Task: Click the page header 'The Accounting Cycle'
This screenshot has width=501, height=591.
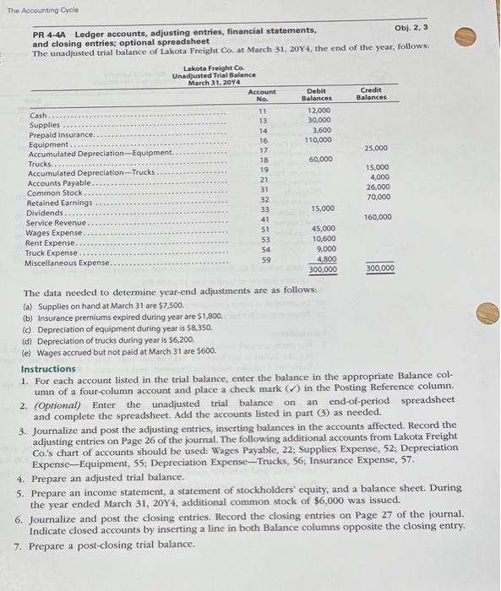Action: click(33, 7)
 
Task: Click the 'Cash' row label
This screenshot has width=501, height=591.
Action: click(39, 116)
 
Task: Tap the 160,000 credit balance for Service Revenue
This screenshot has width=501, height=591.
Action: click(377, 218)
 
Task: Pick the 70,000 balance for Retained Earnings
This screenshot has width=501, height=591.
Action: click(378, 197)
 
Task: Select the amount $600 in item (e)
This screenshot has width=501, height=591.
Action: click(204, 350)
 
